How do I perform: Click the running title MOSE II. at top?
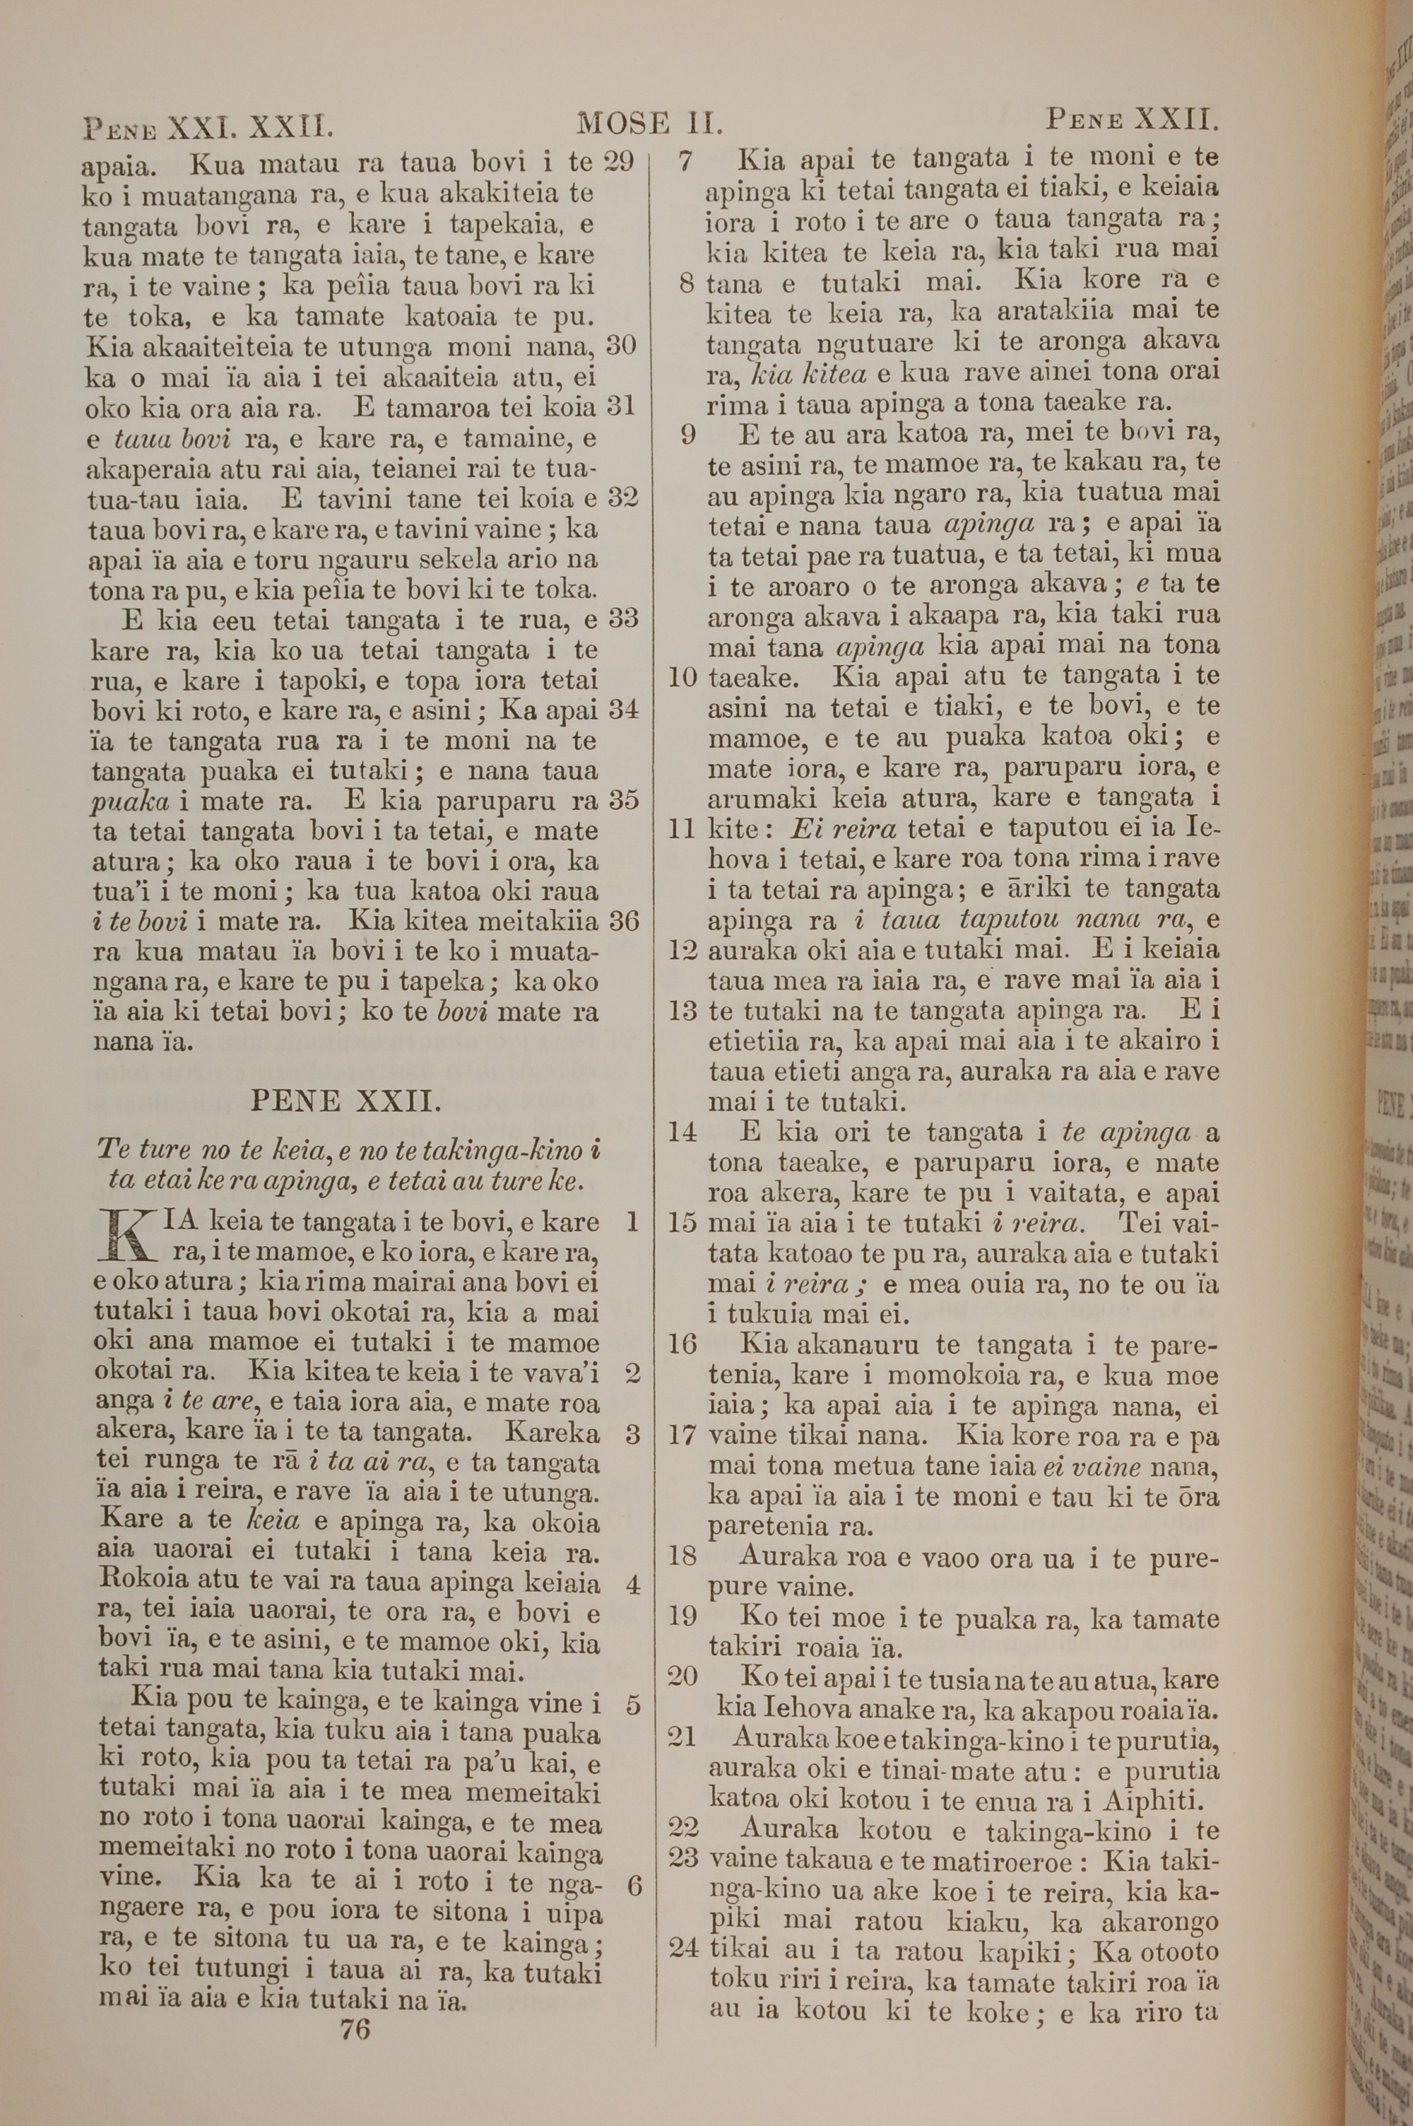coord(651,122)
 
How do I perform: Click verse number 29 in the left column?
coord(618,163)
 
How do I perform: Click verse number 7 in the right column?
coord(686,161)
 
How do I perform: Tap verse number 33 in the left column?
coord(622,619)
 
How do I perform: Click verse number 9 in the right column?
coord(688,435)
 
